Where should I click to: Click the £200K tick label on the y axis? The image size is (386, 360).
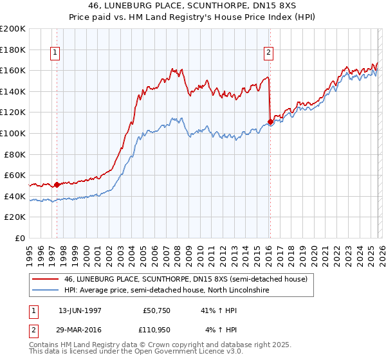[x=13, y=29]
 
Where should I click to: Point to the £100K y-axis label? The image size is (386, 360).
[x=13, y=134]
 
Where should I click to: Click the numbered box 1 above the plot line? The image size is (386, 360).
[x=55, y=53]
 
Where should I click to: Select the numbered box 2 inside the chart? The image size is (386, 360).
[x=268, y=53]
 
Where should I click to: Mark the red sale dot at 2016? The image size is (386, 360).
[x=270, y=122]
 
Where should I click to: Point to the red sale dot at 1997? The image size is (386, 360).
[x=57, y=184]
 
